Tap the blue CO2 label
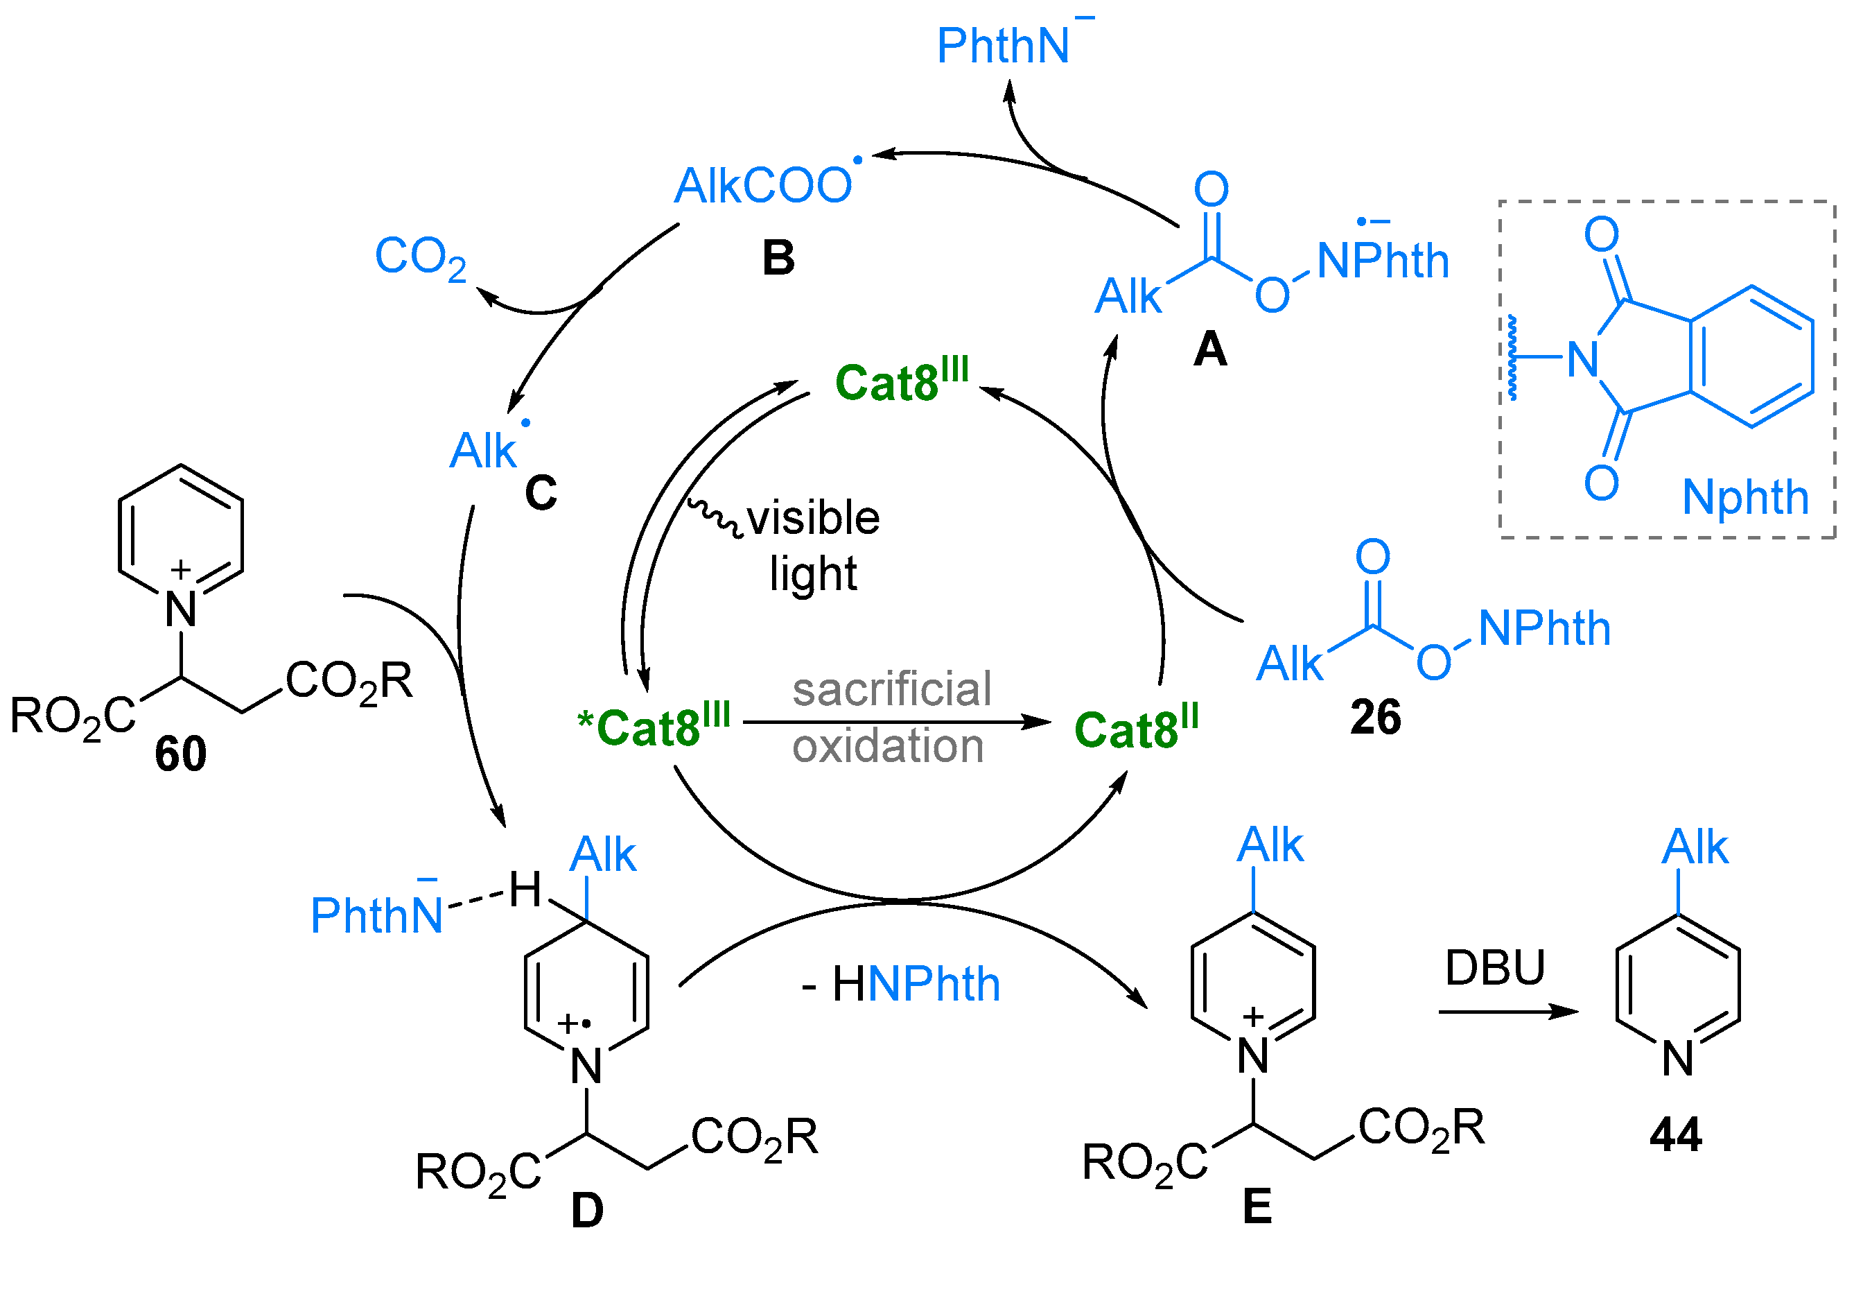click(x=420, y=257)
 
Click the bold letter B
click(x=778, y=258)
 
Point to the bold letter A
click(x=1210, y=349)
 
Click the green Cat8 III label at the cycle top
click(x=901, y=381)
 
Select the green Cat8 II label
click(x=1135, y=728)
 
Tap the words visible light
click(x=812, y=546)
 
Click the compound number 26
click(x=1374, y=718)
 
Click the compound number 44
click(x=1674, y=1134)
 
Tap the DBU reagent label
click(x=1494, y=968)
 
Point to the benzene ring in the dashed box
click(x=1751, y=356)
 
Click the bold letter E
click(x=1257, y=1207)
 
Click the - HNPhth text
click(x=901, y=985)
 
